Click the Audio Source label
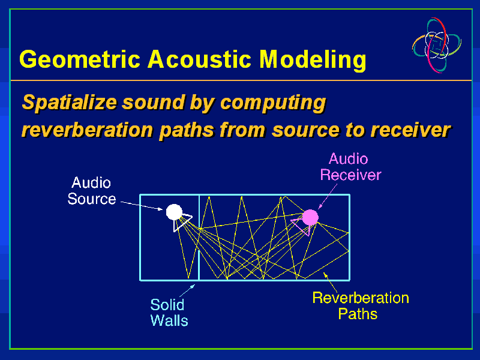[91, 190]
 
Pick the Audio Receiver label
[350, 167]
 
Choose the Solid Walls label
[169, 313]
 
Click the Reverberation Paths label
[360, 305]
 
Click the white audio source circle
[174, 211]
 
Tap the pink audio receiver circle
[310, 217]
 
